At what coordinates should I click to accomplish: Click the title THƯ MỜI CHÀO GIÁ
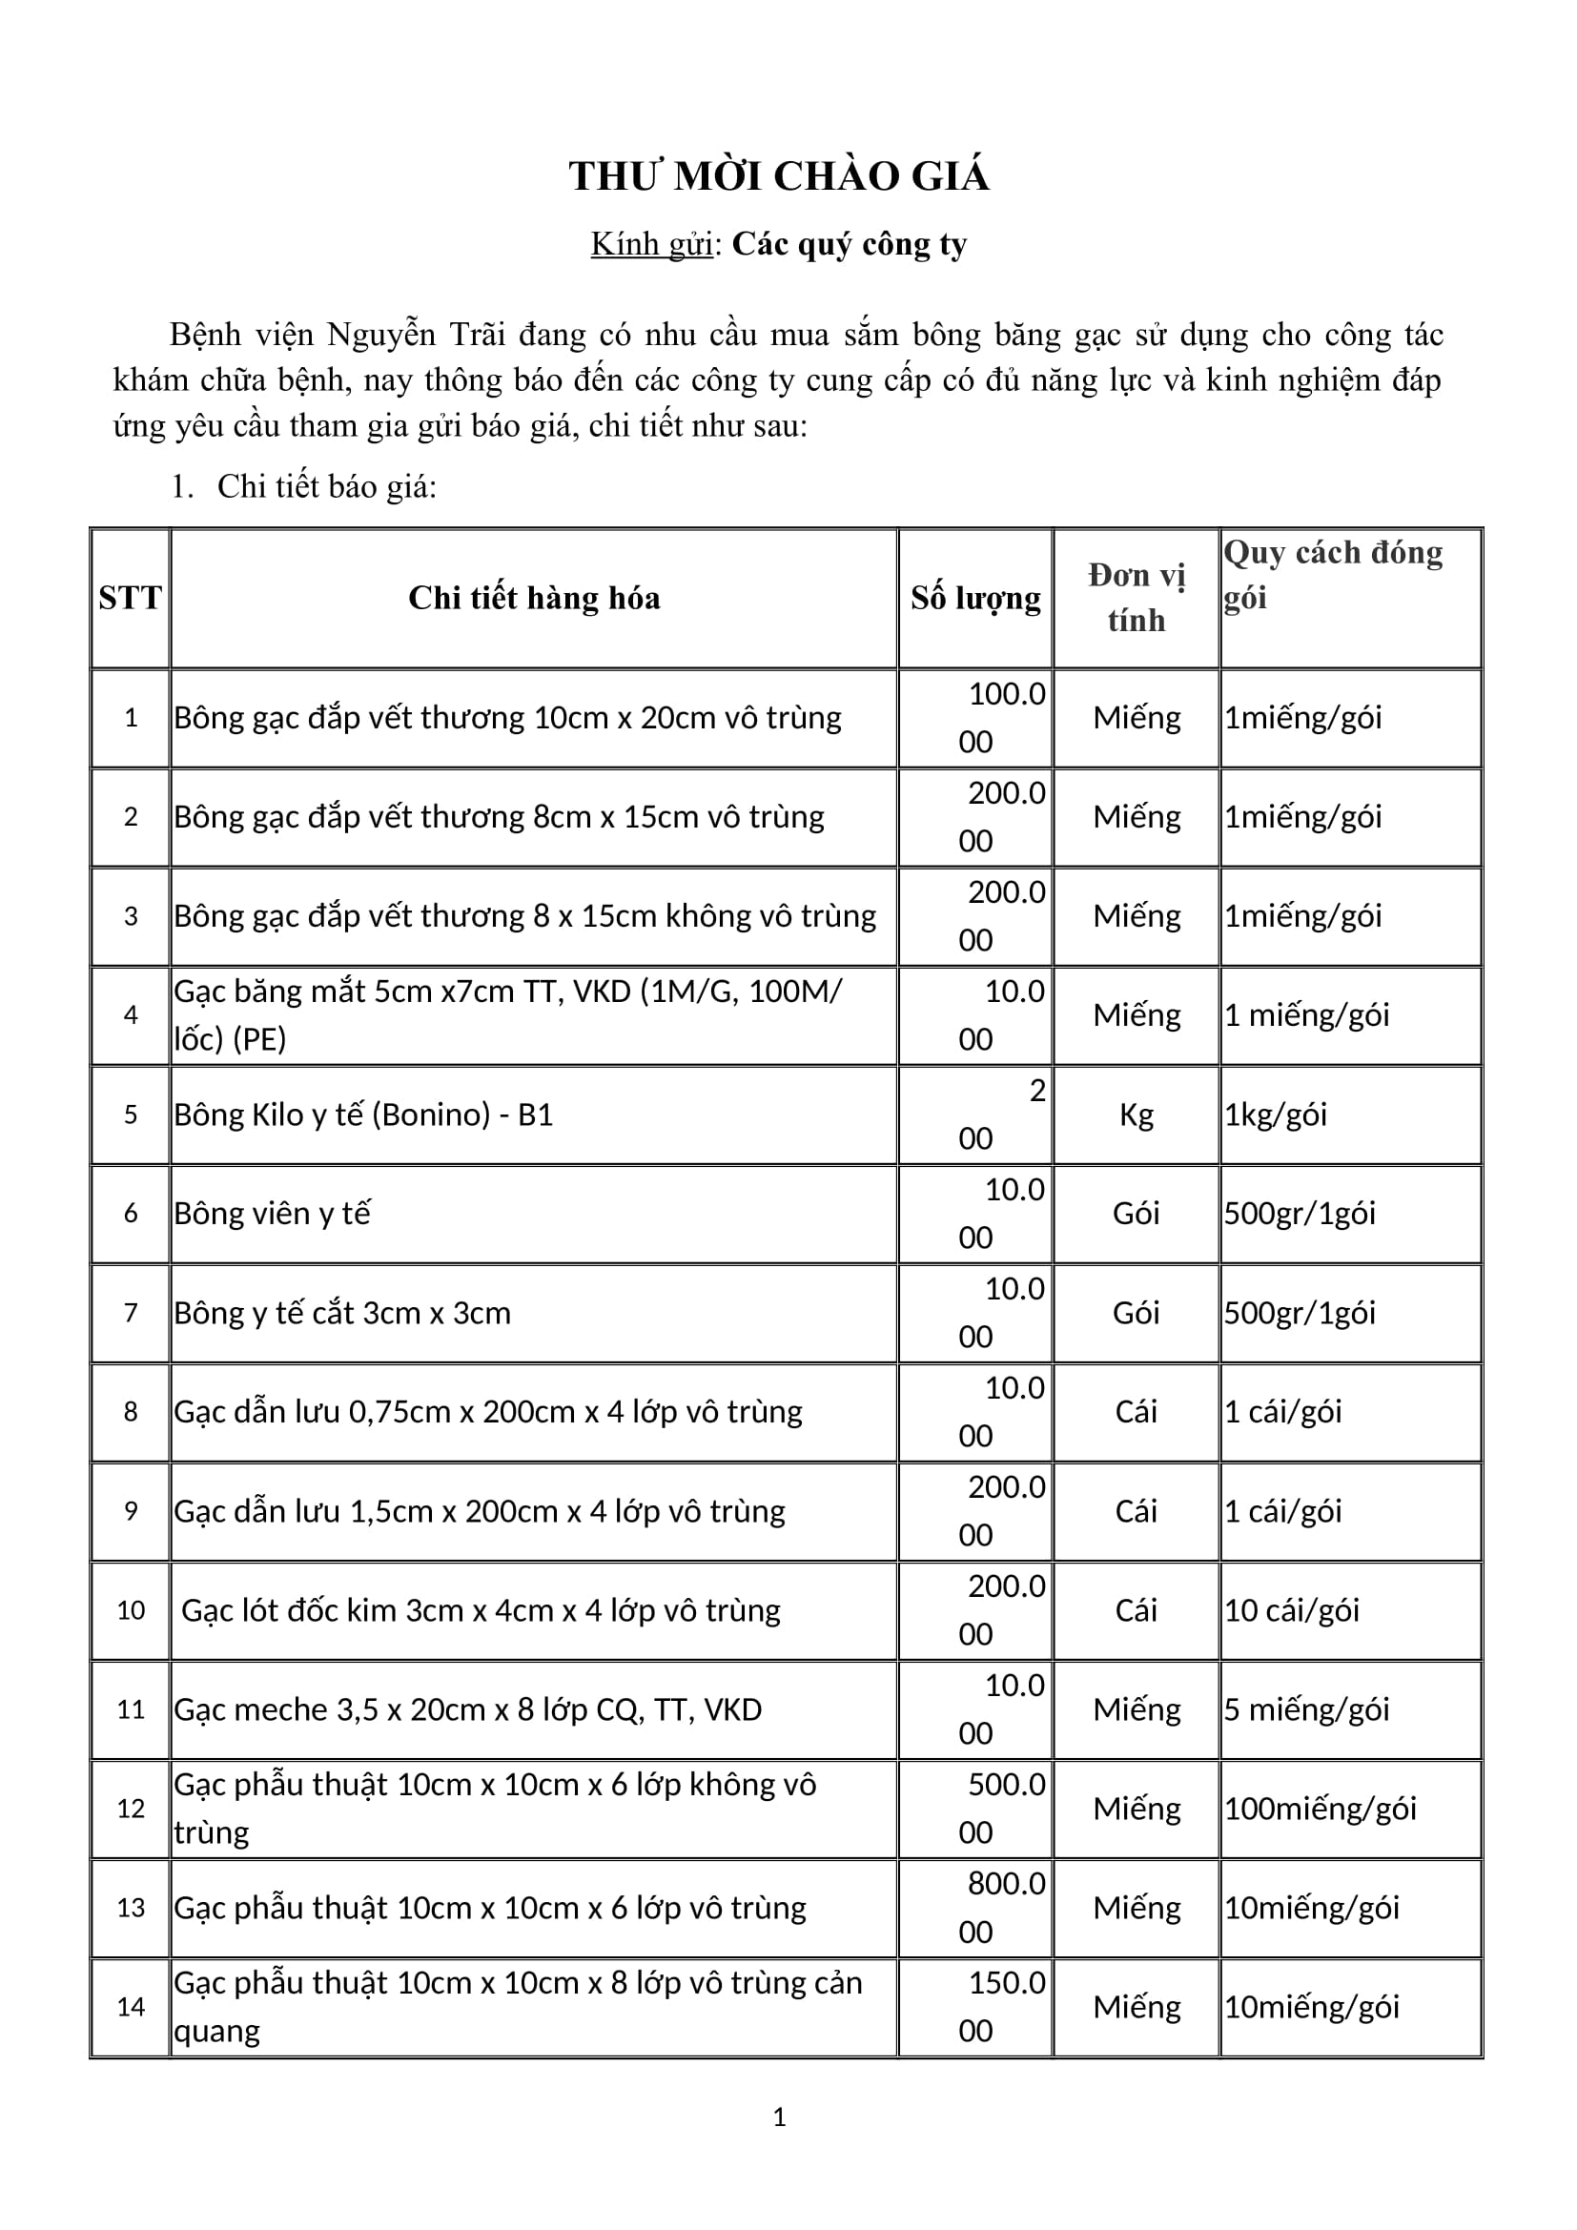tap(779, 176)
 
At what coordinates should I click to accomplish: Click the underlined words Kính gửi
tap(651, 245)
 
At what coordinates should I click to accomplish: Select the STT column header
tap(130, 599)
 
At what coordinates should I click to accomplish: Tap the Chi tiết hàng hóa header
tap(534, 599)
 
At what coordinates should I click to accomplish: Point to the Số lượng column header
tap(975, 599)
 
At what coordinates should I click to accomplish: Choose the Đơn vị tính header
tap(1137, 599)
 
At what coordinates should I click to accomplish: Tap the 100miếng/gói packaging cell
tap(1320, 1809)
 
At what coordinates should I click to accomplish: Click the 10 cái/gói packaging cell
tap(1292, 1610)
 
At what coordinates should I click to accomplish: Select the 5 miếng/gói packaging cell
tap(1306, 1709)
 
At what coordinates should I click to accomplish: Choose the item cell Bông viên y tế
tap(273, 1214)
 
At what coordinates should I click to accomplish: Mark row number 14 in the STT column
tap(130, 2007)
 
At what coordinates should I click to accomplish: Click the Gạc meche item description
tap(467, 1709)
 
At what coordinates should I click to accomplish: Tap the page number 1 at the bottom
tap(779, 2117)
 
